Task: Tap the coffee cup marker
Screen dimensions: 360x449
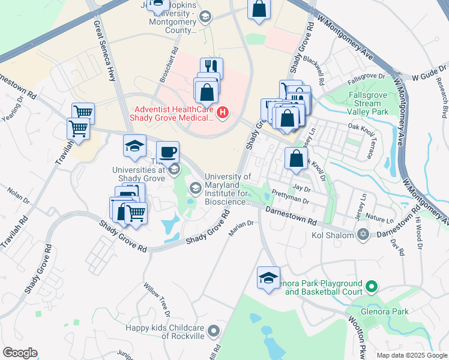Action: (x=167, y=151)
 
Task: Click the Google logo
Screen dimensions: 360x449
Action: (x=20, y=353)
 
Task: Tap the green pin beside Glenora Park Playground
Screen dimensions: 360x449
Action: (x=372, y=287)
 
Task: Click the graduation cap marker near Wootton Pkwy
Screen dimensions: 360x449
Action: (x=268, y=277)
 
